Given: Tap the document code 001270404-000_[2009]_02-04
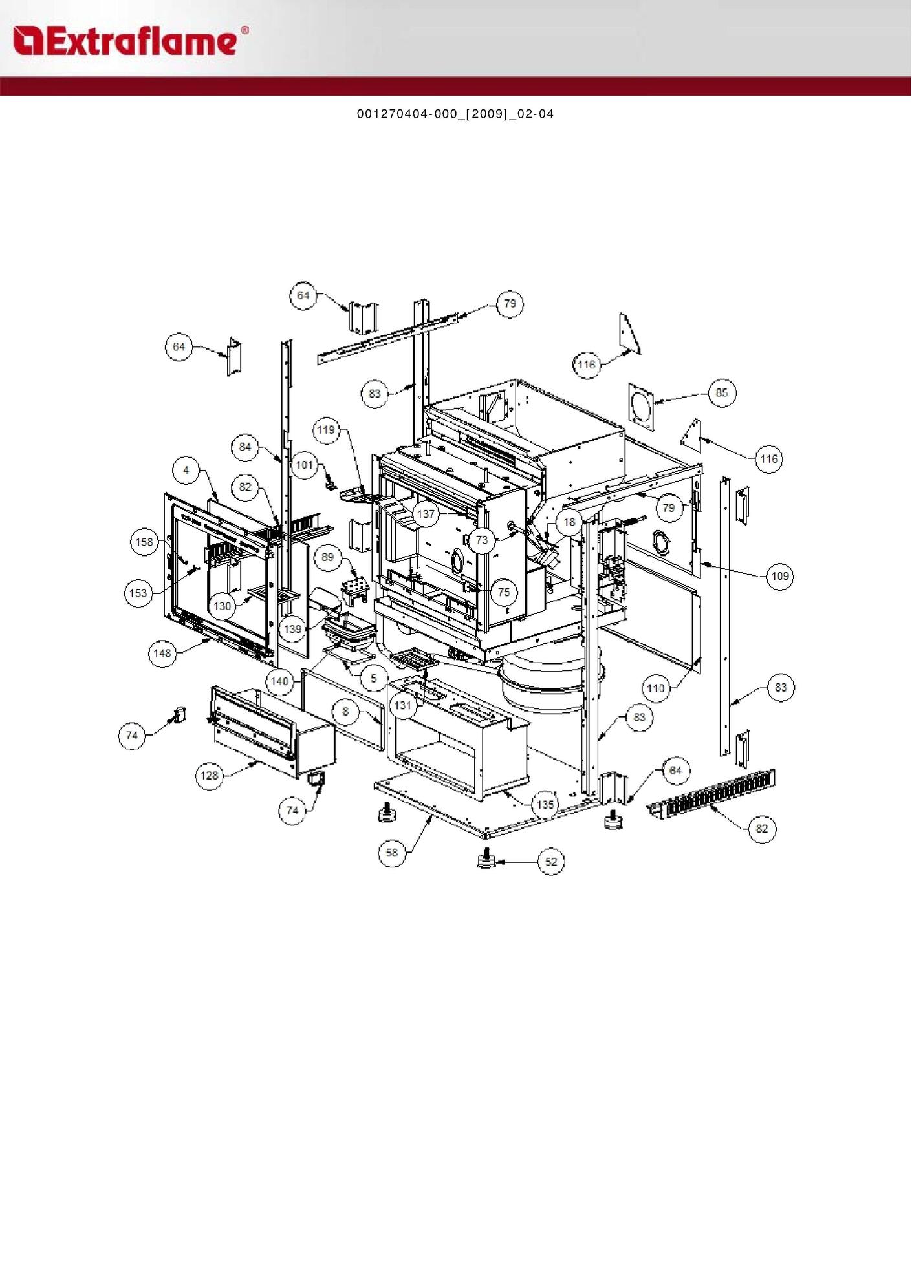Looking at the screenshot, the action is (x=455, y=114).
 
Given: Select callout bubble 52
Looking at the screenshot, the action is (x=551, y=862).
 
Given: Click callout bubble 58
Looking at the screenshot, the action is (x=392, y=853).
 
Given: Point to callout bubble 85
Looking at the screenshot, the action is (x=722, y=392).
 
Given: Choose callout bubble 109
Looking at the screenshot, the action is (x=779, y=576).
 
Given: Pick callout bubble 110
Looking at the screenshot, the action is (x=656, y=688).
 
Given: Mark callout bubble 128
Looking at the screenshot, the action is (x=210, y=775).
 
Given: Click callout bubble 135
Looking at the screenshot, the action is (x=546, y=805).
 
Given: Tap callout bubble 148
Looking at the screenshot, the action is (x=162, y=654).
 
